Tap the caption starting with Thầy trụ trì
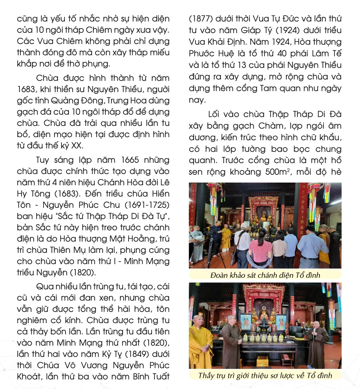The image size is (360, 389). pyautogui.click(x=265, y=375)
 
